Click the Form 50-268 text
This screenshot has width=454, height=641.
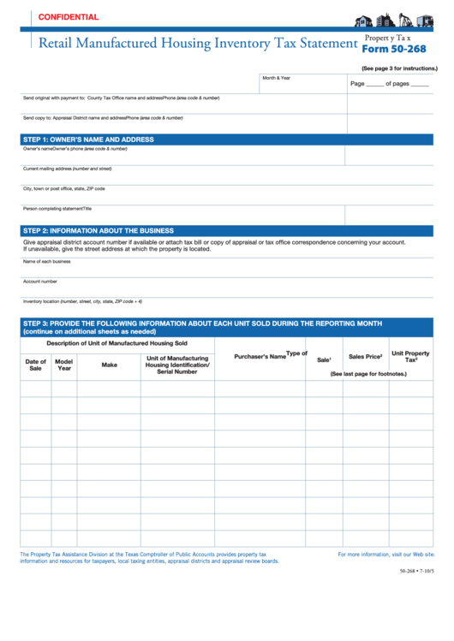(x=395, y=49)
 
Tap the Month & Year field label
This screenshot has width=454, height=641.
(x=277, y=78)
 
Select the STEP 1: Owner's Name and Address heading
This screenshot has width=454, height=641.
(x=88, y=139)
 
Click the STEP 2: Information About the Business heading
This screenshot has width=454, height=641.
(x=99, y=230)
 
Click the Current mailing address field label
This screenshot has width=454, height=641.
(x=67, y=169)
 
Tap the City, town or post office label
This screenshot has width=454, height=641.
(x=63, y=188)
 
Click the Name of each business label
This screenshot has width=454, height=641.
(x=47, y=261)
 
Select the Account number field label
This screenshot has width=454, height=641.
(x=40, y=281)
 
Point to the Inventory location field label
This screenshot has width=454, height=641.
(x=82, y=301)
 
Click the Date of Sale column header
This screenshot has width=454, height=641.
(x=35, y=365)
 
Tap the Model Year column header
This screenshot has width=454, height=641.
(x=64, y=365)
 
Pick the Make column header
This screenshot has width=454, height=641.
(x=109, y=365)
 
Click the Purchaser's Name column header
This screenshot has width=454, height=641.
(x=260, y=356)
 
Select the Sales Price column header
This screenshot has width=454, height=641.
(x=365, y=356)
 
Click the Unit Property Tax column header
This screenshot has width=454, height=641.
(x=410, y=357)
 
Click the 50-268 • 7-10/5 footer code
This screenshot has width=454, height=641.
(x=416, y=571)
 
